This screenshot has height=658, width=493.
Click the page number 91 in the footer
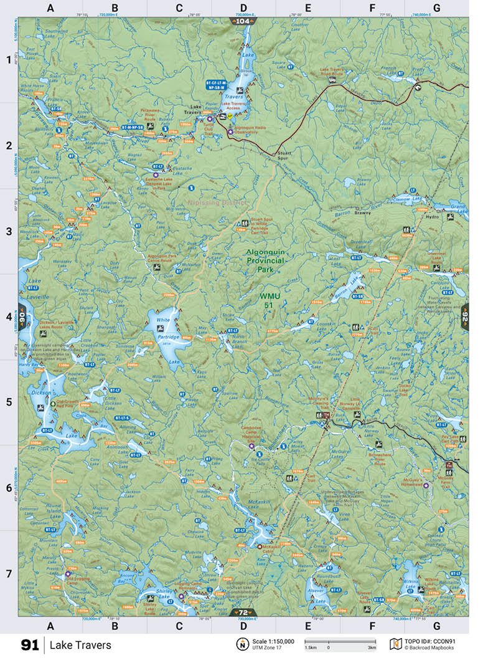tap(30, 645)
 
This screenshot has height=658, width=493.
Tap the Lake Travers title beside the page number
tap(80, 645)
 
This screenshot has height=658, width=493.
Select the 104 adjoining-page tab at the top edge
tap(243, 21)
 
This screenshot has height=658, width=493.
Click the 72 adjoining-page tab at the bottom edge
tap(243, 613)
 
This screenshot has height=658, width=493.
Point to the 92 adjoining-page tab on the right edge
tap(464, 317)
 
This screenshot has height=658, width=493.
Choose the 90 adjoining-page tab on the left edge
tap(22, 317)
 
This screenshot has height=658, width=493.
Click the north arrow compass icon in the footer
tap(240, 644)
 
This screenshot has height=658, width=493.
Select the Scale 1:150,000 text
tap(273, 641)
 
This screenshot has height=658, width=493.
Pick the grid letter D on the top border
tap(243, 8)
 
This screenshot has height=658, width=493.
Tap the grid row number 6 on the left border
tap(9, 487)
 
